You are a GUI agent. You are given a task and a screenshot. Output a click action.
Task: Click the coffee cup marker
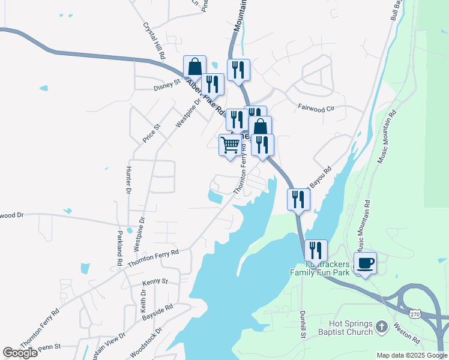(x=366, y=263)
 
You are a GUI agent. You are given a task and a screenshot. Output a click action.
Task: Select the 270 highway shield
(x=415, y=314)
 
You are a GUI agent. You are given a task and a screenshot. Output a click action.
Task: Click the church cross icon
(x=382, y=328)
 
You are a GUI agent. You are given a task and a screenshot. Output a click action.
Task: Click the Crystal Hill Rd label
(x=154, y=41)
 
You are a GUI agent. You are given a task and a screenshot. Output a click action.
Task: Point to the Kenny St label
(x=155, y=281)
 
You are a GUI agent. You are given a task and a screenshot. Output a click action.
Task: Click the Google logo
(x=20, y=353)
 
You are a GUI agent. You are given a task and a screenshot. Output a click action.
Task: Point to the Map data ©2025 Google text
(x=412, y=355)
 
